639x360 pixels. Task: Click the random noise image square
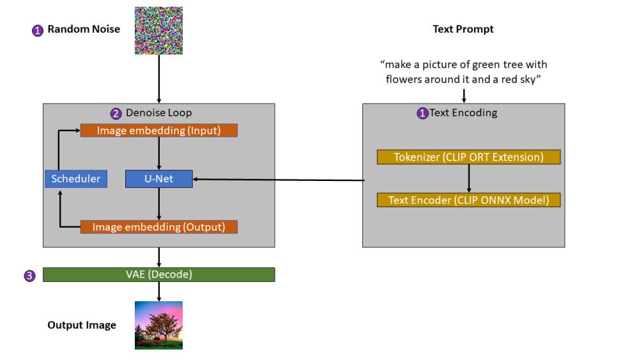pos(158,30)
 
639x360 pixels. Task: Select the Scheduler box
pos(76,179)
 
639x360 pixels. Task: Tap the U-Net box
pos(158,179)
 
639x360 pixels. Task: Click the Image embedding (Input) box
pos(158,130)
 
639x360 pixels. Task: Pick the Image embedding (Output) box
pos(158,227)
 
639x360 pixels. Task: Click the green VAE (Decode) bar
pos(158,274)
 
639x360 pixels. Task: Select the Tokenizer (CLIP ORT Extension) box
pos(468,157)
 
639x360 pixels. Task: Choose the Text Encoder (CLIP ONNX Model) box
pos(468,200)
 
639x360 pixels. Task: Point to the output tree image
pos(158,325)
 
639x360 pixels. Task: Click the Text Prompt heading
pos(463,29)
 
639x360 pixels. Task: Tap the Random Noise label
pos(84,29)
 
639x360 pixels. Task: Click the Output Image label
pos(82,325)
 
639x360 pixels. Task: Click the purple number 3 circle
pos(29,276)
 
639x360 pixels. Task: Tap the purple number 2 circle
pos(116,114)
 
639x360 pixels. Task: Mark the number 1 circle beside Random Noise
pos(37,30)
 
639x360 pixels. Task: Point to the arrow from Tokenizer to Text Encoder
pos(469,178)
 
